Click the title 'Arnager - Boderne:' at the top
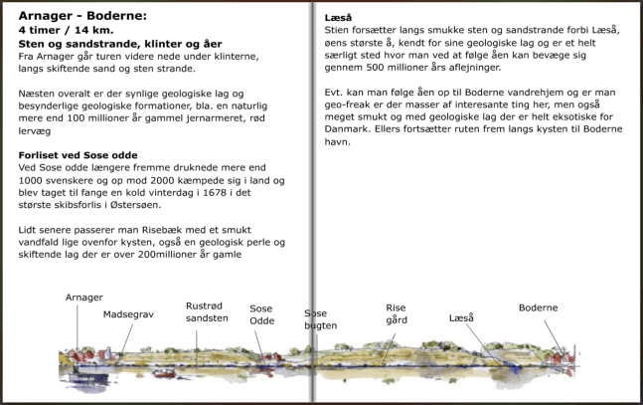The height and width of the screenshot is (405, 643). pyautogui.click(x=83, y=17)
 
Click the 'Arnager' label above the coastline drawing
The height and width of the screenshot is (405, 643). pyautogui.click(x=83, y=298)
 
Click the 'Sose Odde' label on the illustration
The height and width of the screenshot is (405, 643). pyautogui.click(x=261, y=314)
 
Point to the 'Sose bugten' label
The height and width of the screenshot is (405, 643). pyautogui.click(x=320, y=319)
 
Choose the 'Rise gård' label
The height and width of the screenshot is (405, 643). pyautogui.click(x=397, y=313)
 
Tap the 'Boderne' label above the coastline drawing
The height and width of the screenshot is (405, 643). pyautogui.click(x=539, y=307)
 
